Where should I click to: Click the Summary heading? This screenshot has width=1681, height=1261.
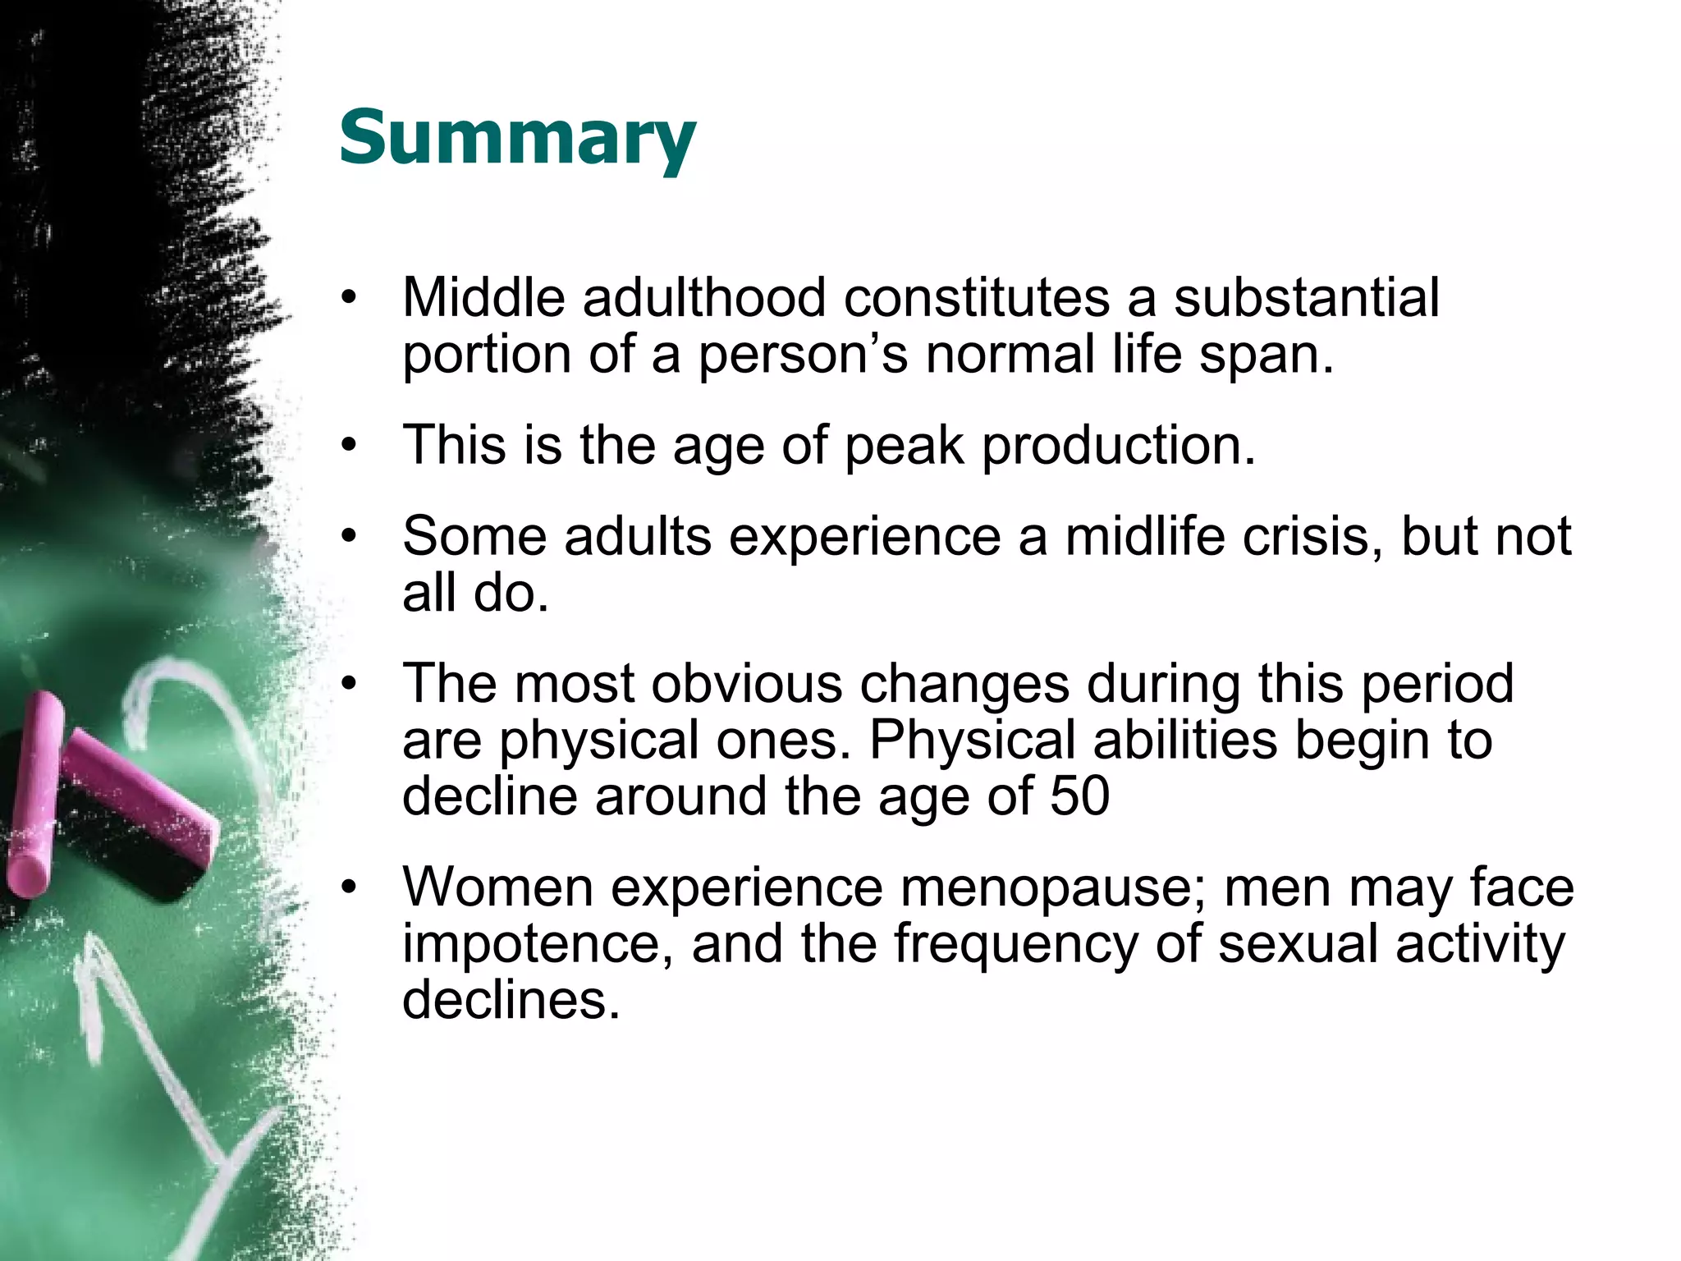click(x=517, y=138)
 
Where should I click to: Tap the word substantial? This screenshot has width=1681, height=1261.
click(x=1306, y=297)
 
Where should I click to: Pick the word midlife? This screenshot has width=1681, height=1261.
click(x=1144, y=536)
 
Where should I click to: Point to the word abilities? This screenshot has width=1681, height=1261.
click(x=1185, y=739)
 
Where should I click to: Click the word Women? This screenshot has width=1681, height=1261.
click(x=497, y=887)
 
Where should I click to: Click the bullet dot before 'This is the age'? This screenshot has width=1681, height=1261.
click(x=350, y=446)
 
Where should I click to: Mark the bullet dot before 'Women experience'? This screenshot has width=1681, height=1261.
click(x=350, y=887)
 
